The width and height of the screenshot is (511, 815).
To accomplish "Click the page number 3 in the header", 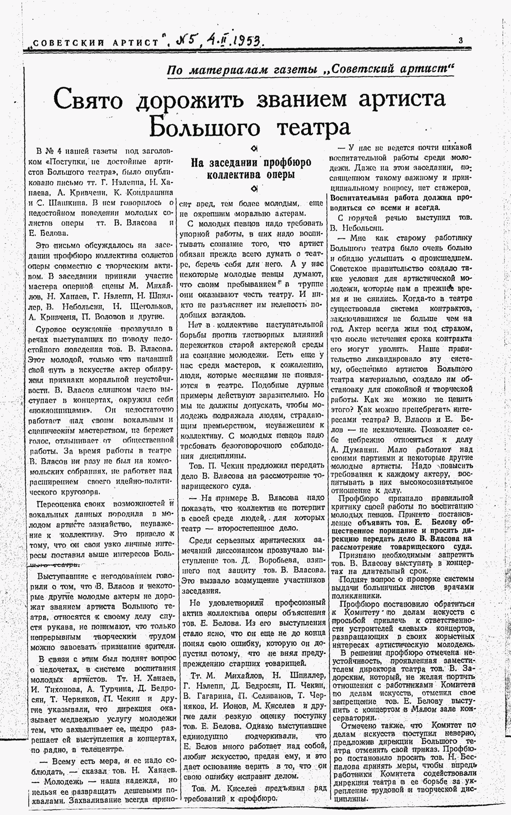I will pos(461,40).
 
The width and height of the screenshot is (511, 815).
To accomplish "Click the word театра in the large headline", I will pos(313,128).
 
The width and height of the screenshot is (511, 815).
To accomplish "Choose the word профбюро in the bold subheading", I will pos(287,163).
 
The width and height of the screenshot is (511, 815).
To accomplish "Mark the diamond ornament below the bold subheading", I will pos(256,188).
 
